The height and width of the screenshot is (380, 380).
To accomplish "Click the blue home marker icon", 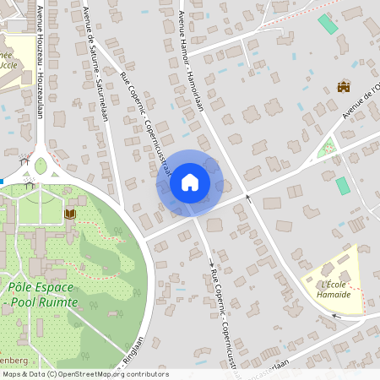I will [190, 182].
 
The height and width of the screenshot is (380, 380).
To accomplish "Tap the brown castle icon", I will [344, 86].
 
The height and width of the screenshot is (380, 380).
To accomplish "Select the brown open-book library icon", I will [69, 214].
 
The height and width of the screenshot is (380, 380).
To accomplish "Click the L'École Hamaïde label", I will [335, 289].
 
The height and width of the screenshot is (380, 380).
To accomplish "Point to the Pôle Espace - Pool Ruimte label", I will [41, 296].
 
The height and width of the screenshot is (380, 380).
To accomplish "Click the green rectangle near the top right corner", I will [327, 24].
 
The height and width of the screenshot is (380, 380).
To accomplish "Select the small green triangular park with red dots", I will [325, 149].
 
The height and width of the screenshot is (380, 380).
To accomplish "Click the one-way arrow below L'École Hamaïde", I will [337, 317].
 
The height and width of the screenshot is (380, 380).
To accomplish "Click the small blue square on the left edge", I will [2, 181].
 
